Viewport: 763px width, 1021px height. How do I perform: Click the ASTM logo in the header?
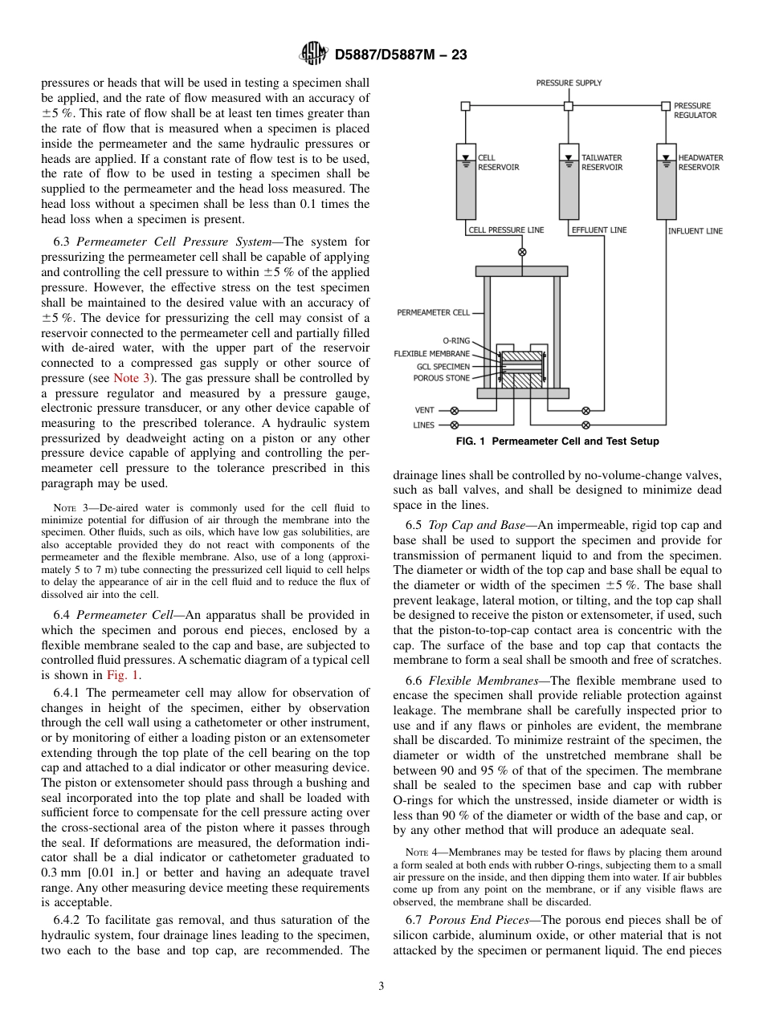[312, 54]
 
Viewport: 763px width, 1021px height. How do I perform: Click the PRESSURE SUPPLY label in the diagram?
[569, 83]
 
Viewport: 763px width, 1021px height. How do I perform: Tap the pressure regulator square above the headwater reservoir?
[666, 106]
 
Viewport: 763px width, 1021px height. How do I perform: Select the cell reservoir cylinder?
[466, 181]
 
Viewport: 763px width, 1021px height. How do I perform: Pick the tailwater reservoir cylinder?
[569, 181]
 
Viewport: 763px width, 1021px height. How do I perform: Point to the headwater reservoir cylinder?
[666, 181]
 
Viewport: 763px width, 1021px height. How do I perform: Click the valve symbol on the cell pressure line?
[522, 251]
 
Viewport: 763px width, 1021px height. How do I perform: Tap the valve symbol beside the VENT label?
[455, 409]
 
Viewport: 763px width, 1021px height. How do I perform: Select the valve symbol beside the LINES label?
[455, 425]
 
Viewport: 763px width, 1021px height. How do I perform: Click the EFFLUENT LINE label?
[598, 230]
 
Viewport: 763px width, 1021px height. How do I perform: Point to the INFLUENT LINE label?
[695, 231]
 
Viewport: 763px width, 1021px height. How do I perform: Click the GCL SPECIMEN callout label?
[443, 366]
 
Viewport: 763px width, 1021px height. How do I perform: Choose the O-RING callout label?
[456, 340]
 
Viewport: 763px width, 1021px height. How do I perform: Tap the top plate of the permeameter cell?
[522, 271]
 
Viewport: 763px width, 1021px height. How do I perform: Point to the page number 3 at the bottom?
[381, 986]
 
